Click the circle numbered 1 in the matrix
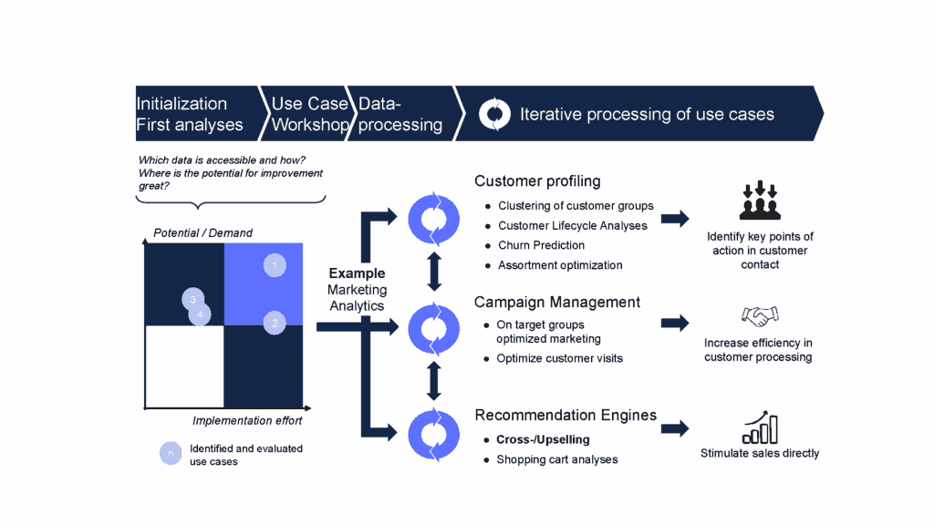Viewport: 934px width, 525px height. (x=275, y=265)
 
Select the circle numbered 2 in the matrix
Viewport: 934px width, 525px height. (x=275, y=322)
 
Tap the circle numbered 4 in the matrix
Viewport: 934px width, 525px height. (x=201, y=314)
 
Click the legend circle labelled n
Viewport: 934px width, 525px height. (x=170, y=453)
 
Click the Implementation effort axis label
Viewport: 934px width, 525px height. (x=247, y=421)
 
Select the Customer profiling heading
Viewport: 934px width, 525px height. (x=537, y=180)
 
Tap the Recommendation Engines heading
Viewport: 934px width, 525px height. (x=566, y=415)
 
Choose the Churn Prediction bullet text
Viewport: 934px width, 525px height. (x=541, y=245)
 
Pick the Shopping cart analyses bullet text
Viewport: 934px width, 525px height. (x=556, y=459)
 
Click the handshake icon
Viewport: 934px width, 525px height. (x=760, y=316)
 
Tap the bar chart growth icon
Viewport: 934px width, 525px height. (x=759, y=426)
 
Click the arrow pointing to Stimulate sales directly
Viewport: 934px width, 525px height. (x=675, y=429)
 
